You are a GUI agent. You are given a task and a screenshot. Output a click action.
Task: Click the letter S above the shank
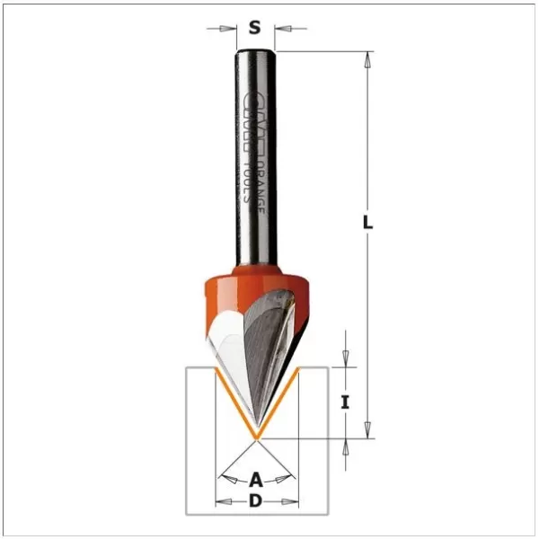pyautogui.click(x=255, y=27)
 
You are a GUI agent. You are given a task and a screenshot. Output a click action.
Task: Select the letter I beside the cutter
pyautogui.click(x=345, y=403)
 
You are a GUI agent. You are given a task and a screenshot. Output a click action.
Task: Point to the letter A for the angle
pyautogui.click(x=256, y=478)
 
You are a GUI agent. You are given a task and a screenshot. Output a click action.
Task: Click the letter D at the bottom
pyautogui.click(x=256, y=501)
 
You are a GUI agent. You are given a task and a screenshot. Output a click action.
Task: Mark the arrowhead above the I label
pyautogui.click(x=345, y=360)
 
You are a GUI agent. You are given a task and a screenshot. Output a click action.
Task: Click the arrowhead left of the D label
pyautogui.click(x=224, y=501)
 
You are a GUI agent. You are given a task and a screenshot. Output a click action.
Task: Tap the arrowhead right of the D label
pyautogui.click(x=289, y=501)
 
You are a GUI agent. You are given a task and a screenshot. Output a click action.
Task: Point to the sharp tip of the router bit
pyautogui.click(x=256, y=437)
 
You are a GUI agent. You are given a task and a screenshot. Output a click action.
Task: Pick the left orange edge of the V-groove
pyautogui.click(x=235, y=404)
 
